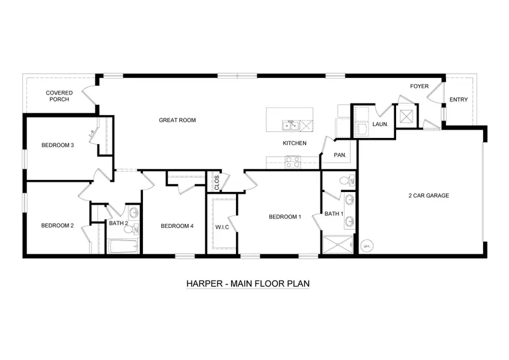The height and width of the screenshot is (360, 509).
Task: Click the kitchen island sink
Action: (x=291, y=125)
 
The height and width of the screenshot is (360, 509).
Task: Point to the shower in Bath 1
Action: (x=338, y=244)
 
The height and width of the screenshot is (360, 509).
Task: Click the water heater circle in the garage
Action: (x=367, y=245)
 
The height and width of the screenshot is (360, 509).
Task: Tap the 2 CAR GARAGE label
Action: (x=429, y=196)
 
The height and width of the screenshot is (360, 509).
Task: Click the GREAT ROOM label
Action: (x=177, y=120)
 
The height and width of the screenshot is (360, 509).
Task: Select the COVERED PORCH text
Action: (x=59, y=96)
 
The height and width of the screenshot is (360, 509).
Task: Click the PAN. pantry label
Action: (x=340, y=155)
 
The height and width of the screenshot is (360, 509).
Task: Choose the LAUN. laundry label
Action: (x=380, y=124)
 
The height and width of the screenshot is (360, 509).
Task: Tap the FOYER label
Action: (x=419, y=86)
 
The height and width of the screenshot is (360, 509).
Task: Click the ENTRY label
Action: (x=459, y=100)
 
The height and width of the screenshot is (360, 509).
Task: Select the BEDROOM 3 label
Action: (x=58, y=145)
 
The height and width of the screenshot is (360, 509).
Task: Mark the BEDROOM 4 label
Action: (x=177, y=226)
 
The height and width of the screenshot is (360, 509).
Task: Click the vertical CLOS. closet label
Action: (x=217, y=182)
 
